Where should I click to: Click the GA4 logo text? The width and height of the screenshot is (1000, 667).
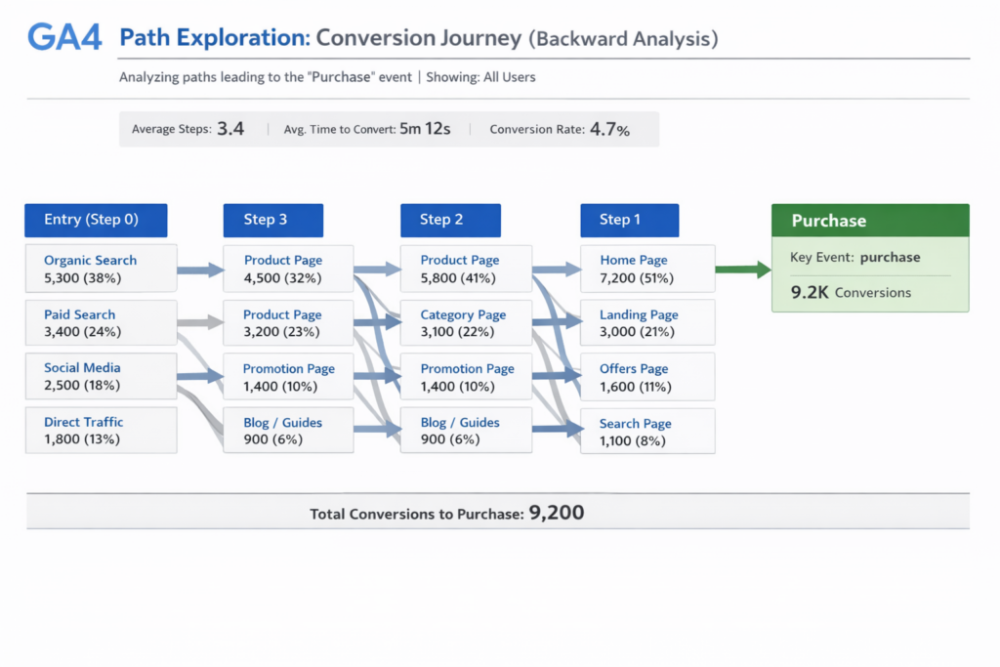coord(65,38)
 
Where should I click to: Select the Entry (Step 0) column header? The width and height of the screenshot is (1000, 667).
coord(96,220)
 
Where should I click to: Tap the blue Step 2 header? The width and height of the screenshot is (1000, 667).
coord(450,220)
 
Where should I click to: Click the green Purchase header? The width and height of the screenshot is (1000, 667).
coord(870,221)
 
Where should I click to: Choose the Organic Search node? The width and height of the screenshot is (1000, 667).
coord(101,269)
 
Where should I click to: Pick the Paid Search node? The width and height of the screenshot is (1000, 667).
coord(101,323)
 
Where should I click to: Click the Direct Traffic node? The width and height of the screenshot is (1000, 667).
coord(101,431)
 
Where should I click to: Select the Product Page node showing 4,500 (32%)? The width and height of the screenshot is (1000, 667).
coord(288,269)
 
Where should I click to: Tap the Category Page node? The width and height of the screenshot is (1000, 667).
coord(466,323)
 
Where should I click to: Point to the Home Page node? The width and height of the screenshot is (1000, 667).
coord(646,269)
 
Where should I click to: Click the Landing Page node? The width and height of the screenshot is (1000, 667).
coord(646,323)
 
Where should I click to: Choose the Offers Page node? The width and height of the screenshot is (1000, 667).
coord(646,377)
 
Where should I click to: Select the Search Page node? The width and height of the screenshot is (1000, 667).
coord(646,432)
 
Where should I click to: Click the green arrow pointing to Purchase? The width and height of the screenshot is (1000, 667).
coord(743,270)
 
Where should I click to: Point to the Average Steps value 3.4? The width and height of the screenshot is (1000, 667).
coord(230,129)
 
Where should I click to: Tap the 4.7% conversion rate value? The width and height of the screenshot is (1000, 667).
coord(610,129)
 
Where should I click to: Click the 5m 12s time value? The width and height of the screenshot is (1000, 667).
coord(425,129)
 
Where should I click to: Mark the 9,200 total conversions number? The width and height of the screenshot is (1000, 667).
coord(556,512)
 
